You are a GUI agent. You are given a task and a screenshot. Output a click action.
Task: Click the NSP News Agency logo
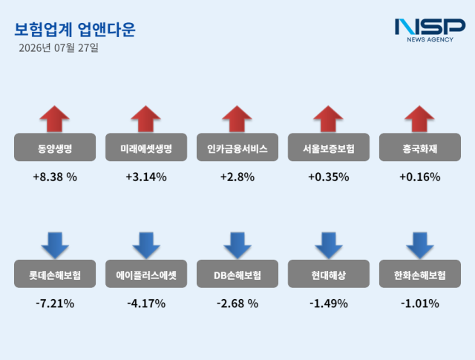(430, 30)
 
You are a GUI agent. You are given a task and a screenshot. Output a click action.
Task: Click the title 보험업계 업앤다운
(75, 30)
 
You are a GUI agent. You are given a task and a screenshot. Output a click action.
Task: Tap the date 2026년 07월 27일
(59, 48)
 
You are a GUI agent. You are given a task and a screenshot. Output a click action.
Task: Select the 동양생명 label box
(55, 147)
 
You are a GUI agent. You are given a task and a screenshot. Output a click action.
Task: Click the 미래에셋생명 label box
(146, 147)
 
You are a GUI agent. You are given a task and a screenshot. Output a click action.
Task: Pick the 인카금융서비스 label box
(237, 147)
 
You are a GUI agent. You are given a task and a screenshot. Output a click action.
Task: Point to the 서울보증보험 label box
(329, 147)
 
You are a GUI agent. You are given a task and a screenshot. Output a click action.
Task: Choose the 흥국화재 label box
(420, 147)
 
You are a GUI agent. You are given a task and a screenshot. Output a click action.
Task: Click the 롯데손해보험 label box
(55, 274)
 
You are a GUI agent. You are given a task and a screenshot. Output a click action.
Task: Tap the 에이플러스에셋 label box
(146, 274)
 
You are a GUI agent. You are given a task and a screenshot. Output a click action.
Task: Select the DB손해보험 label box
(237, 274)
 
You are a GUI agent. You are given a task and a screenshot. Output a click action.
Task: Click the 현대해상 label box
(329, 274)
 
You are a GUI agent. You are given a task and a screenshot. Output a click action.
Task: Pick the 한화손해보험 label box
(420, 274)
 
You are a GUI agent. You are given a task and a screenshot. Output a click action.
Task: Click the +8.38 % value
(55, 177)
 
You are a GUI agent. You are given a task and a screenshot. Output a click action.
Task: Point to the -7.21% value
(55, 304)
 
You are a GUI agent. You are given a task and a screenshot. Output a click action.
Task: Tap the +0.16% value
(420, 177)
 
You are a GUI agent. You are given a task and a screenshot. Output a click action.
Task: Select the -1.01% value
(420, 304)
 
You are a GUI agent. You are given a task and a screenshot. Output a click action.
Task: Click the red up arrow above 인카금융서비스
(237, 119)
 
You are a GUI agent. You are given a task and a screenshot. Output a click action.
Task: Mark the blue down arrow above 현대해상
(329, 246)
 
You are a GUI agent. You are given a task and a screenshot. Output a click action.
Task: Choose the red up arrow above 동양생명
(54, 119)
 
